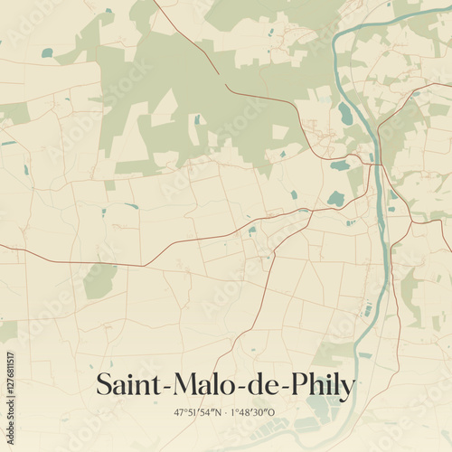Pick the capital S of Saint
coord(105,384)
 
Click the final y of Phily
coord(347,389)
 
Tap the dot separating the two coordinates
coord(224,412)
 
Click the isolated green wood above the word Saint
coord(99,280)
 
